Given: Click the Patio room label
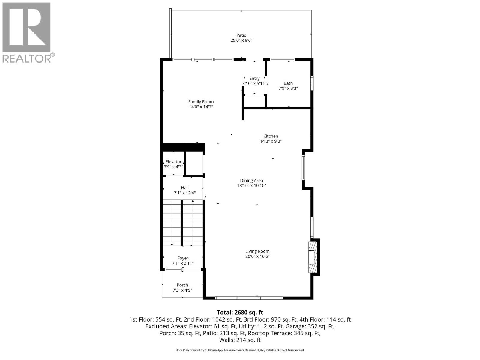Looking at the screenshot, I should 241,35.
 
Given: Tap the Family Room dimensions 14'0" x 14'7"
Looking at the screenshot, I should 201,107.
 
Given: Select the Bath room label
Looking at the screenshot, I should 288,83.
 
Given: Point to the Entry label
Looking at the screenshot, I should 254,79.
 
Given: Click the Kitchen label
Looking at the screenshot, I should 271,136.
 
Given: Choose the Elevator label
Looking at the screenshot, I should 173,162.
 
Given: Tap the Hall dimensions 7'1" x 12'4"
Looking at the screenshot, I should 185,193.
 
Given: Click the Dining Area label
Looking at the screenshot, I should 251,181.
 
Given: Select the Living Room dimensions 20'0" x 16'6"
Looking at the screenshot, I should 257,256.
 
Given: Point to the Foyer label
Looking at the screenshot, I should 183,258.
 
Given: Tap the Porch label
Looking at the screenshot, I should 182,285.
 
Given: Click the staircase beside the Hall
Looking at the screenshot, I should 183,223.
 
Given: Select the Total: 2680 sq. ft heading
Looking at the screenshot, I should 240,313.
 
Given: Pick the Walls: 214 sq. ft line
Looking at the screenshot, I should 240,340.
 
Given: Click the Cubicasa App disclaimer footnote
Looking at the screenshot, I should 240,350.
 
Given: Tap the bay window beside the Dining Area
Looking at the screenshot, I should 303,167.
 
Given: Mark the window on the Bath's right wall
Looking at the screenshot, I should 312,83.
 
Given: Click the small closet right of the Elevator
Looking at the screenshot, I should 194,163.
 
